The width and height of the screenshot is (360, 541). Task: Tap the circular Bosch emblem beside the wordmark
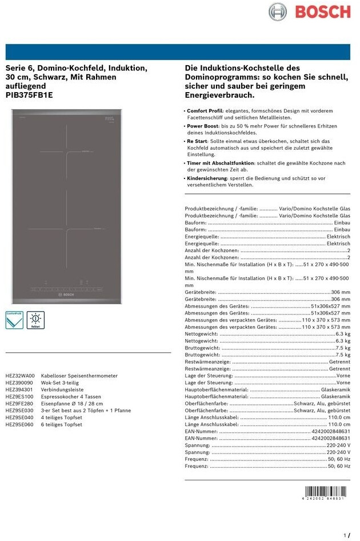tap(278, 11)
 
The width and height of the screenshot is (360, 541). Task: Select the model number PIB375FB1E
tap(29, 96)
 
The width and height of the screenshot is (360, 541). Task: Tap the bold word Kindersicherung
tap(206, 178)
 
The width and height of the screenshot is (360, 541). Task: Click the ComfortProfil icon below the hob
tap(14, 320)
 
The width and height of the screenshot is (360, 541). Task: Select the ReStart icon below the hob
tap(35, 320)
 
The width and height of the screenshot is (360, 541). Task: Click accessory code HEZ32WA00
tap(20, 376)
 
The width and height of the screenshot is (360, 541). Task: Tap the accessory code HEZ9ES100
tap(20, 396)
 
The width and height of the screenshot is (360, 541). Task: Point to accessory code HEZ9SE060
tap(20, 425)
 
